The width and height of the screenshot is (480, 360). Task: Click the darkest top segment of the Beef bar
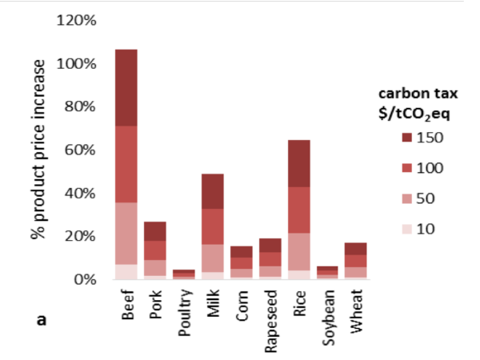click(126, 87)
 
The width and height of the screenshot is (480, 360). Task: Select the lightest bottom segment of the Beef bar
click(126, 271)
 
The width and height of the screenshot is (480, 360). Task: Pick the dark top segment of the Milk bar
click(212, 191)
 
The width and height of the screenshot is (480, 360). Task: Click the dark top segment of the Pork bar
click(155, 231)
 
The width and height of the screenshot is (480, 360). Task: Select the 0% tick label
click(85, 280)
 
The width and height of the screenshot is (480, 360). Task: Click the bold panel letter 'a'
click(42, 320)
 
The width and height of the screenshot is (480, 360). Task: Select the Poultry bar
click(183, 274)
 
